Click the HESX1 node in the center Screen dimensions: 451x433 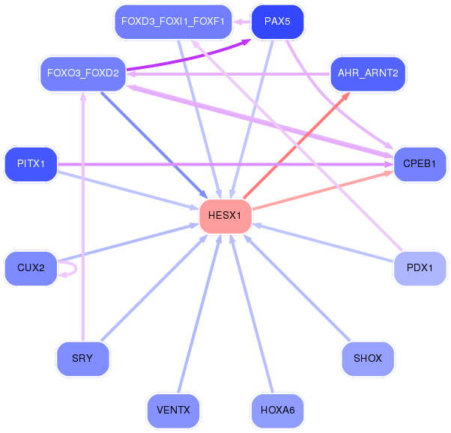(225, 216)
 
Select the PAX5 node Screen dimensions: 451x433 (277, 22)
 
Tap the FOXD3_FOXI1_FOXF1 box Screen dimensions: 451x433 (173, 22)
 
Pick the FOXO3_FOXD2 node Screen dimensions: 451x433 (83, 73)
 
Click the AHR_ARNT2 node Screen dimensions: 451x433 (368, 73)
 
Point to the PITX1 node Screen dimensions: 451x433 (31, 164)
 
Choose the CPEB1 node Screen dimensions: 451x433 (420, 164)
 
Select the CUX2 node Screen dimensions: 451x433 (31, 268)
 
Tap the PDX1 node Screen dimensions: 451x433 (420, 268)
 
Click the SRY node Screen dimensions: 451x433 (83, 359)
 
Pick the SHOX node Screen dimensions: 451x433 (368, 359)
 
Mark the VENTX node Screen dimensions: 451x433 (173, 410)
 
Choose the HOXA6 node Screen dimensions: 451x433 (277, 410)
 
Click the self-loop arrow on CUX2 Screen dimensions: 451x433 (76, 268)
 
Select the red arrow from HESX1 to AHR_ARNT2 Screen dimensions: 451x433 (297, 145)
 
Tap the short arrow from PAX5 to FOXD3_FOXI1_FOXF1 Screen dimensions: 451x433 (241, 22)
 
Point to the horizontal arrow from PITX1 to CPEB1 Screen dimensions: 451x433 (225, 164)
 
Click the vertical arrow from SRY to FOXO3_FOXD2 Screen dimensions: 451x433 (83, 216)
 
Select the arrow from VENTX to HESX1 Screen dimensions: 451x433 (199, 313)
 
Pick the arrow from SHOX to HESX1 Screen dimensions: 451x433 (297, 288)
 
